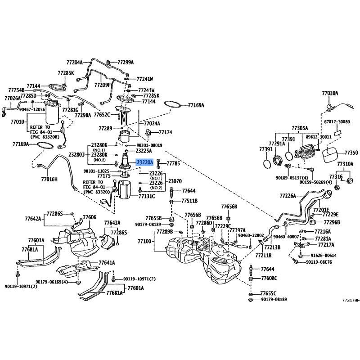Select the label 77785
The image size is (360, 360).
173,164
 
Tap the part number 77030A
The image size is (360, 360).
330,94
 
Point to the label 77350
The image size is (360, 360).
351,153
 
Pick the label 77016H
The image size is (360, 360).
49,179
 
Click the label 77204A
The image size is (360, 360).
75,63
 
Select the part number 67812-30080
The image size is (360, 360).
337,122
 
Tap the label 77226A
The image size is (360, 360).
288,196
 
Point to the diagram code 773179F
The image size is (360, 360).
351,300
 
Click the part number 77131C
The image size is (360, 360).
146,196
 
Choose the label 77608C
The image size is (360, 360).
269,278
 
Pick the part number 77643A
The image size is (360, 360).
112,223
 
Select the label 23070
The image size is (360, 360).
175,181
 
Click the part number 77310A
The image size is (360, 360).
345,164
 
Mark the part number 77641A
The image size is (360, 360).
107,262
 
